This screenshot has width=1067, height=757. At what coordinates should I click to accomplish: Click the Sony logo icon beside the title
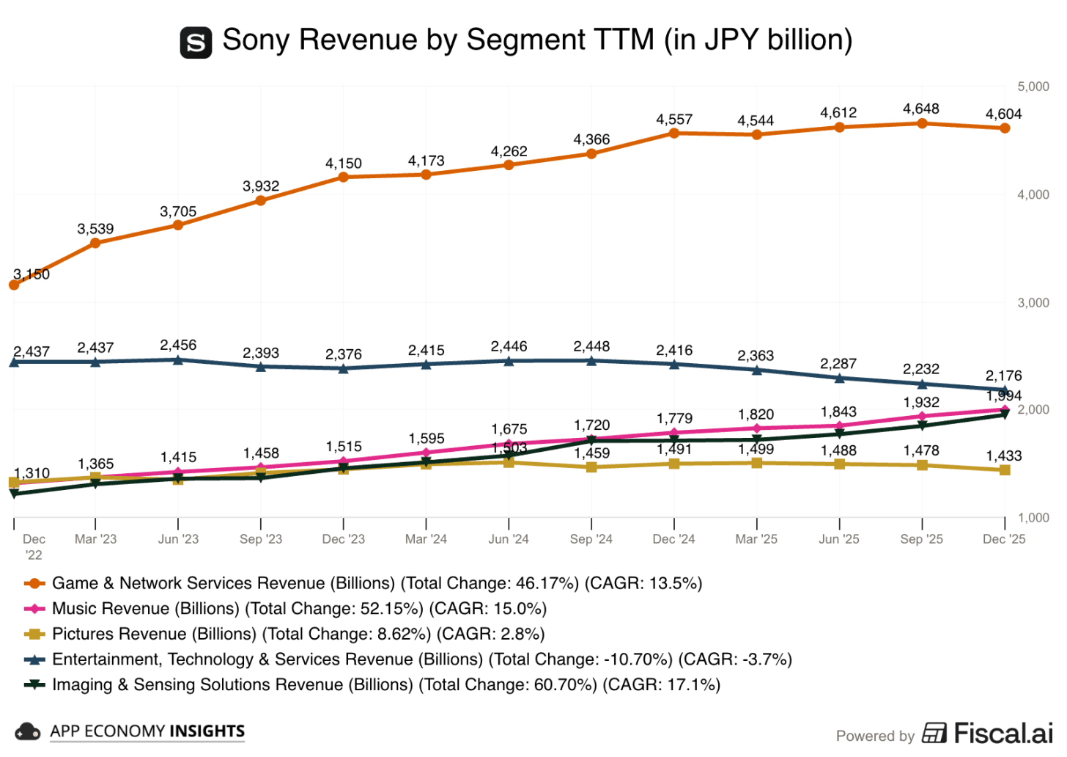point(196,43)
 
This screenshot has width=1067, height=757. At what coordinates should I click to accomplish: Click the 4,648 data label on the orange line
point(921,109)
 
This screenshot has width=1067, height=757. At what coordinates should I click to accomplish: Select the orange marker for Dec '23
point(344,177)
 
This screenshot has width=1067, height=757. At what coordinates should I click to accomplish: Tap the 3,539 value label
point(95,230)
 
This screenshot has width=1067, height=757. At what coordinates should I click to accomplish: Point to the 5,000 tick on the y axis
point(1033,87)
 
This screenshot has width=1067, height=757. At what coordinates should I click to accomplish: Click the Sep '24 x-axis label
point(591,539)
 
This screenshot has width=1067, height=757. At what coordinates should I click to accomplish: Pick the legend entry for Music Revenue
point(299,609)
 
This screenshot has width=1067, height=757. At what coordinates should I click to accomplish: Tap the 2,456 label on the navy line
point(178,345)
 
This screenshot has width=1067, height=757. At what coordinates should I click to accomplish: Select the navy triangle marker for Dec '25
point(1005,390)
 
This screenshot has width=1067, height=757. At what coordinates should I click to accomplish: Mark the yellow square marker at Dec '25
point(1005,469)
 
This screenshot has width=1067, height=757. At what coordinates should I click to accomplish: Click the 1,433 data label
point(1003,456)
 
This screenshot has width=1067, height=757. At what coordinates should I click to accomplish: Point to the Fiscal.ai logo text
point(1002,733)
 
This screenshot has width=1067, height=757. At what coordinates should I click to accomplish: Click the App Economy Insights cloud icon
point(28,731)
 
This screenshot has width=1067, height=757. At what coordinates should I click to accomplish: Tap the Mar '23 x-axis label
point(95,539)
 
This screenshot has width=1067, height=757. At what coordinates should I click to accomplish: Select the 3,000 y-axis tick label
point(1033,303)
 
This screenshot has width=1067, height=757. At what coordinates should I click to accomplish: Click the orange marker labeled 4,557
point(674,134)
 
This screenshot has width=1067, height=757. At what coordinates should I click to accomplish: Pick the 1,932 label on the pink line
point(921,403)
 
